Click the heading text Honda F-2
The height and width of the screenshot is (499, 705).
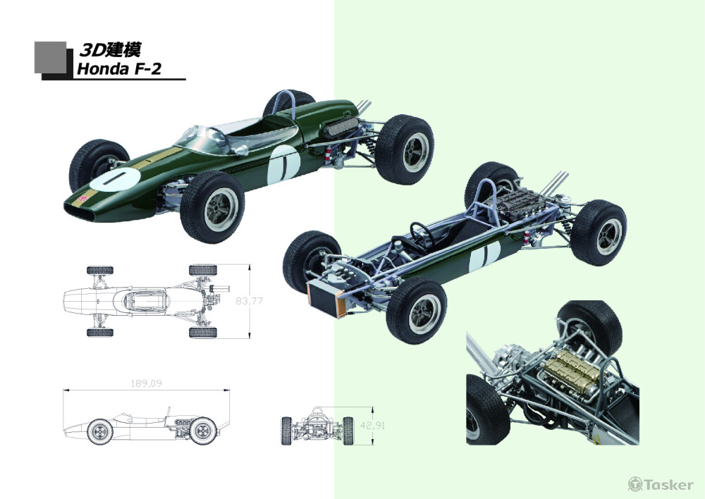(119, 69)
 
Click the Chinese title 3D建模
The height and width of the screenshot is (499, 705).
(111, 50)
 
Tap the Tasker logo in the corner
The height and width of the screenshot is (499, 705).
(661, 484)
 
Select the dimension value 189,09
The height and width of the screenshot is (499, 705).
(147, 383)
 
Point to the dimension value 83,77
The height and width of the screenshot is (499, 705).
(249, 301)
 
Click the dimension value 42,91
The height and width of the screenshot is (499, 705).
(373, 425)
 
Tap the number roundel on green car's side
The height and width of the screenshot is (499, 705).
(283, 165)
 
